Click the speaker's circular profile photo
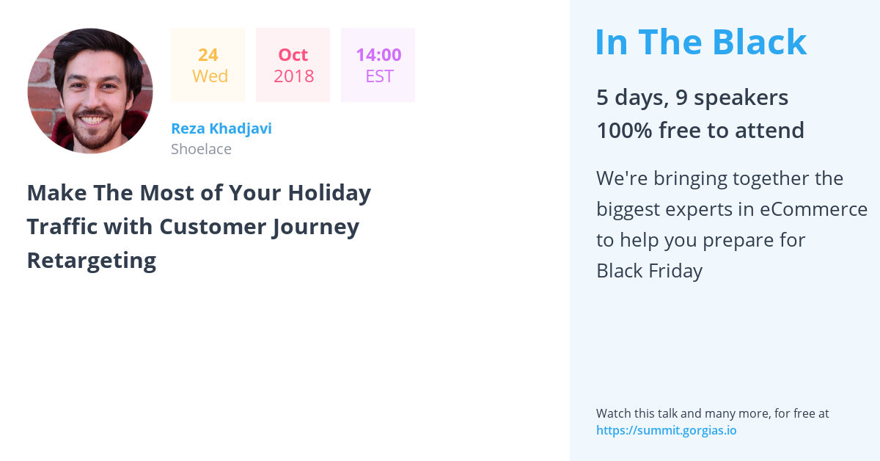(x=90, y=90)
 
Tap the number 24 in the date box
(x=208, y=54)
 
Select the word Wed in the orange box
(x=210, y=76)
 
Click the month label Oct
(x=293, y=54)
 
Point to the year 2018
(x=293, y=76)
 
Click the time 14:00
(x=378, y=54)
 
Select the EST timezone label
(x=379, y=76)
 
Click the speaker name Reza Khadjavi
(x=221, y=128)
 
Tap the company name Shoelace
(x=201, y=149)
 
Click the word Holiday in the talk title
(x=329, y=193)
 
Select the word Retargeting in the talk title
(x=92, y=261)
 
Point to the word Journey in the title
(x=315, y=227)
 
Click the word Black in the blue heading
(x=760, y=42)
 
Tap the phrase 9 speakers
(x=732, y=97)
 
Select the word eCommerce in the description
(x=813, y=209)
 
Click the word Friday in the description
(x=675, y=271)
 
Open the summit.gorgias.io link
(x=667, y=430)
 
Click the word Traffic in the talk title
(x=62, y=227)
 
